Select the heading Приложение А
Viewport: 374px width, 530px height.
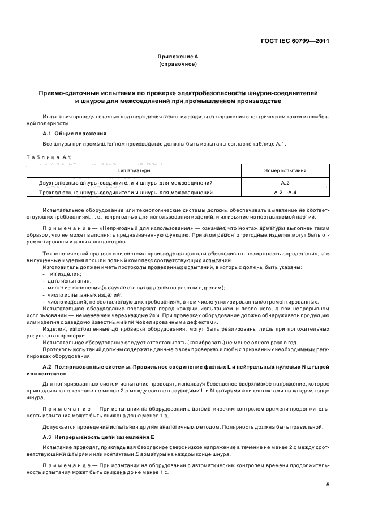point(178,57)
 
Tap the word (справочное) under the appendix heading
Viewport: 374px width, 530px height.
point(178,65)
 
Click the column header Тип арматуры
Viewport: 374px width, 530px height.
point(134,170)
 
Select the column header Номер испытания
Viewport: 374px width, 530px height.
point(285,170)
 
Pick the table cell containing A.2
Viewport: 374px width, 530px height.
point(285,183)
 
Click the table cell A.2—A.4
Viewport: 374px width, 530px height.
point(285,193)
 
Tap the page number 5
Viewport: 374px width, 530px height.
point(328,485)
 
